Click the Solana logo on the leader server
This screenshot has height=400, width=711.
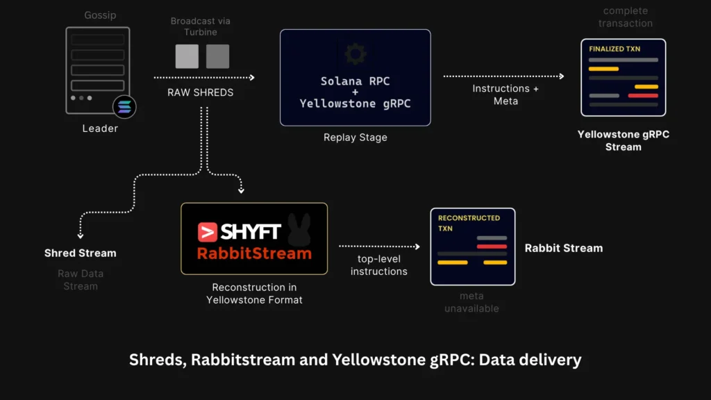[x=124, y=107]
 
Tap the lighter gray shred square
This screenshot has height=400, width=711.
[x=187, y=56]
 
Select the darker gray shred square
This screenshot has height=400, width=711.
[x=217, y=56]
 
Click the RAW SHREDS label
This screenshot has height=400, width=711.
[x=201, y=92]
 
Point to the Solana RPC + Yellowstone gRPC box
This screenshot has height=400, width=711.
[x=355, y=78]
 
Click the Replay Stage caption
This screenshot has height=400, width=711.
[x=355, y=137]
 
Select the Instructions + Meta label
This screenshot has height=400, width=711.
[x=505, y=94]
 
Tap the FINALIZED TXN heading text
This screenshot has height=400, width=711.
[x=614, y=49]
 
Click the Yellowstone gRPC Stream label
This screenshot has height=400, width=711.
[x=624, y=140]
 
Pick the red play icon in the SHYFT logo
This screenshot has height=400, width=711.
[x=207, y=232]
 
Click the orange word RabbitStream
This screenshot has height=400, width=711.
[x=254, y=253]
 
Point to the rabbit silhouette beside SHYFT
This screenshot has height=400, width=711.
[x=299, y=229]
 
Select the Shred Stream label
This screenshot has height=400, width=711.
[x=81, y=253]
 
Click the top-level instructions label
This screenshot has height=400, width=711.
[x=379, y=265]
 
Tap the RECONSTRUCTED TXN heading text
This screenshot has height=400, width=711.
[x=469, y=223]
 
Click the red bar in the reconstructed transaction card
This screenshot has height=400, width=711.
[x=492, y=247]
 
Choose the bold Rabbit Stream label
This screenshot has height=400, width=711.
[x=564, y=248]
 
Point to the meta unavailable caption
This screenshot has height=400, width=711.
[x=471, y=302]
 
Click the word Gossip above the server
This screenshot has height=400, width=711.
[x=100, y=15]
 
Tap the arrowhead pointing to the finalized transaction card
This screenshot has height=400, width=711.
[x=562, y=76]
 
